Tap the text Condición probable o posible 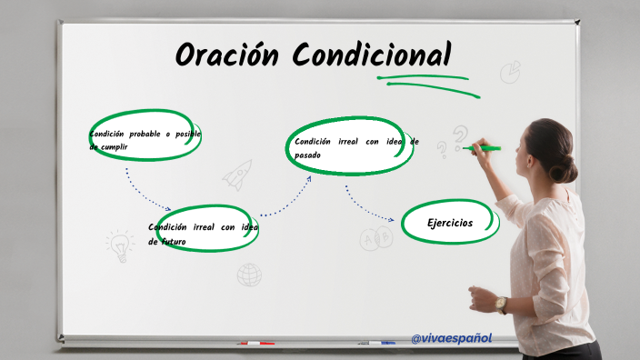145,134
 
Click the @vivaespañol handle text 451,338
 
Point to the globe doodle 249,274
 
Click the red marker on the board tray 255,344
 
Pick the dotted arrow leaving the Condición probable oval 145,190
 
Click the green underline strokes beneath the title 427,83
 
